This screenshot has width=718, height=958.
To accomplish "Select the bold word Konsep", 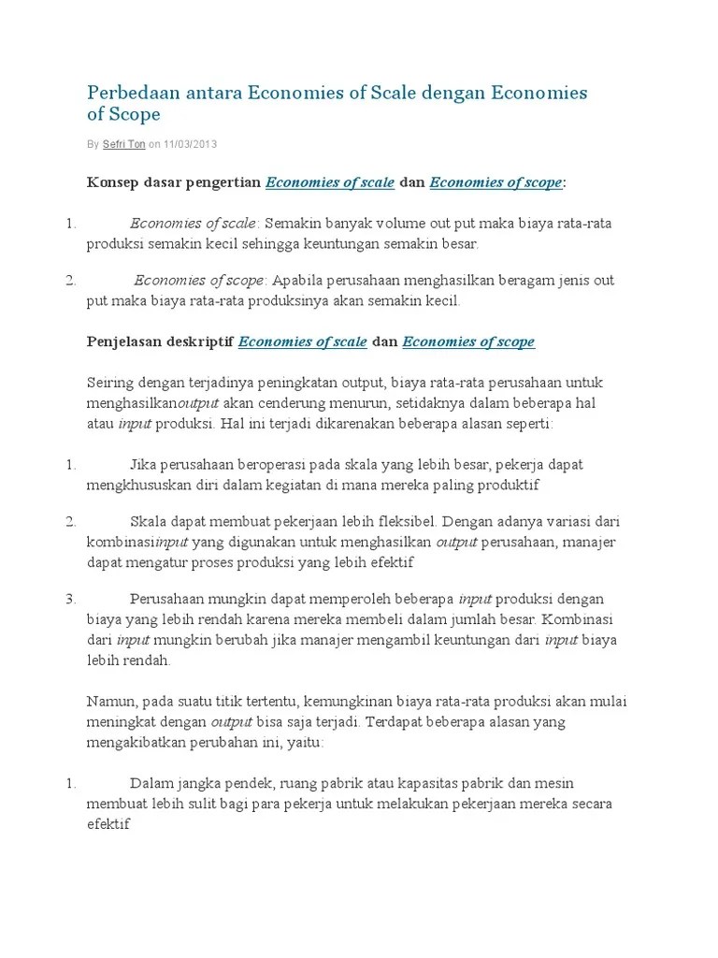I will tap(111, 182).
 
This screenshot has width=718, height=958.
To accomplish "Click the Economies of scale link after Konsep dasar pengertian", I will tap(330, 182).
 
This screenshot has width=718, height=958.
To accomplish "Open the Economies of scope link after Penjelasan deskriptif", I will tap(468, 341).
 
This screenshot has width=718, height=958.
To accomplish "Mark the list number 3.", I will tap(70, 599).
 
